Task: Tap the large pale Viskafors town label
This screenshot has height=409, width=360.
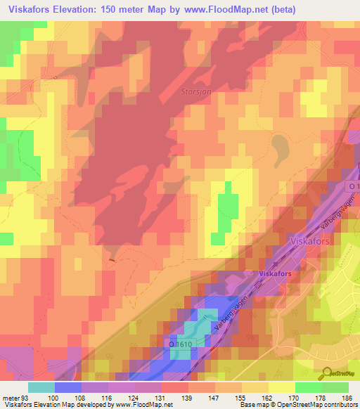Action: pos(311,240)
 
